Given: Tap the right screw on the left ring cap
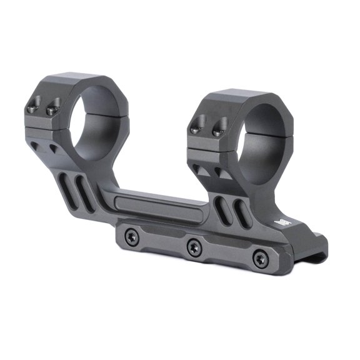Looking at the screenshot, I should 52,111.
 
